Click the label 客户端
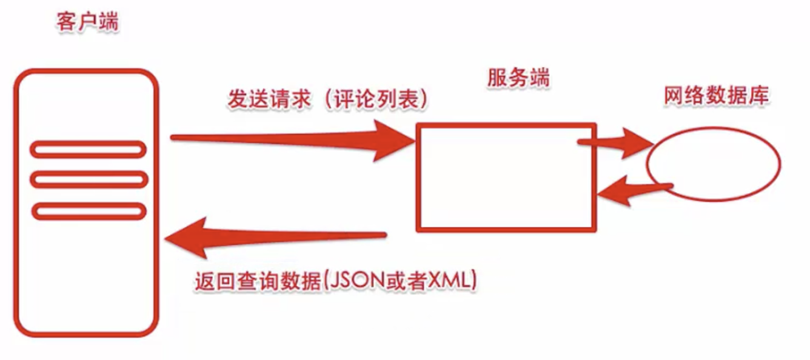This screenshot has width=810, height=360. coord(87,24)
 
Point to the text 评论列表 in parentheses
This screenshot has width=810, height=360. coord(377,99)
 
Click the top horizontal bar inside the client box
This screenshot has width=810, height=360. coord(89,148)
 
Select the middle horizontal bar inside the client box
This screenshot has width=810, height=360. coord(89,179)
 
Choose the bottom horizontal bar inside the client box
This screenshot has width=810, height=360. coord(89,211)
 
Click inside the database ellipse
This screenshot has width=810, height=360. coord(714,164)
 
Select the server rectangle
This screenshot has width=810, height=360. coord(506,177)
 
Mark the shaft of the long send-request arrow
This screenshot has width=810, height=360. coord(273,139)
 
